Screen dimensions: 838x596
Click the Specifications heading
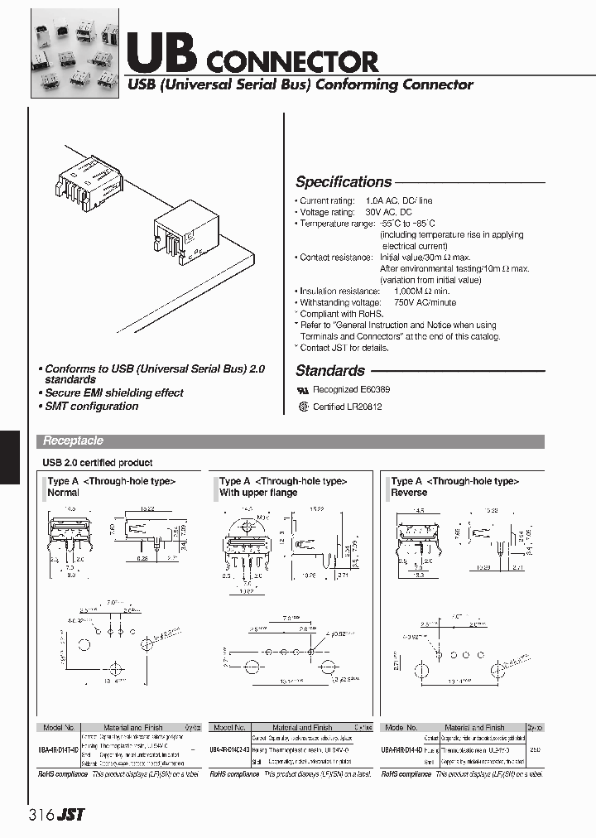tap(344, 182)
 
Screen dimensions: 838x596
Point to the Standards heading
tap(329, 371)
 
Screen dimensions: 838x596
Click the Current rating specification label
tap(327, 201)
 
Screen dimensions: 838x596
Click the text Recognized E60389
tap(352, 388)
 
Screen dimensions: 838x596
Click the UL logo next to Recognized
tap(302, 388)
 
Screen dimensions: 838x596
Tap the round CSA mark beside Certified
tap(302, 407)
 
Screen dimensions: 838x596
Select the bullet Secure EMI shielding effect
tap(114, 393)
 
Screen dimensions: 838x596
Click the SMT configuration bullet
tap(91, 406)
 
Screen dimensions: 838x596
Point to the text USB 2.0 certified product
tap(97, 463)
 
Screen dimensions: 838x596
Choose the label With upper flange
tap(258, 493)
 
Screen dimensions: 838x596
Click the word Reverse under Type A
tap(409, 493)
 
